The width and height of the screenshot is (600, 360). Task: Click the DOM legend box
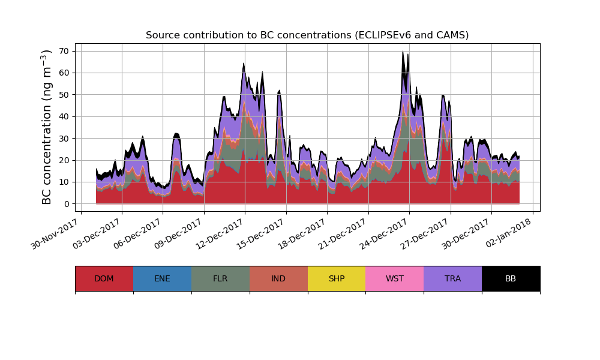(x=104, y=278)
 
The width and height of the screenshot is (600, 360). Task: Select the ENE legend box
(x=162, y=278)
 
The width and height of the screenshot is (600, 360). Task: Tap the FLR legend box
(x=220, y=278)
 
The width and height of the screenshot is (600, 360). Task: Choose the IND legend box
(x=278, y=278)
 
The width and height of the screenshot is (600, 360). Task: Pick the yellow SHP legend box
(x=337, y=278)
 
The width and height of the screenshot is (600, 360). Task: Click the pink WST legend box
(x=395, y=278)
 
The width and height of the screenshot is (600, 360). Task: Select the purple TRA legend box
(x=453, y=278)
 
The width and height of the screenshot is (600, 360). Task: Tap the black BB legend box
(x=511, y=278)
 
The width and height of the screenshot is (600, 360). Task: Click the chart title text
(x=307, y=35)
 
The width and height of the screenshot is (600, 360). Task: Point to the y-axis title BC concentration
(x=47, y=127)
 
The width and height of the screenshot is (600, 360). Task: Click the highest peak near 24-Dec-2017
(x=403, y=52)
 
